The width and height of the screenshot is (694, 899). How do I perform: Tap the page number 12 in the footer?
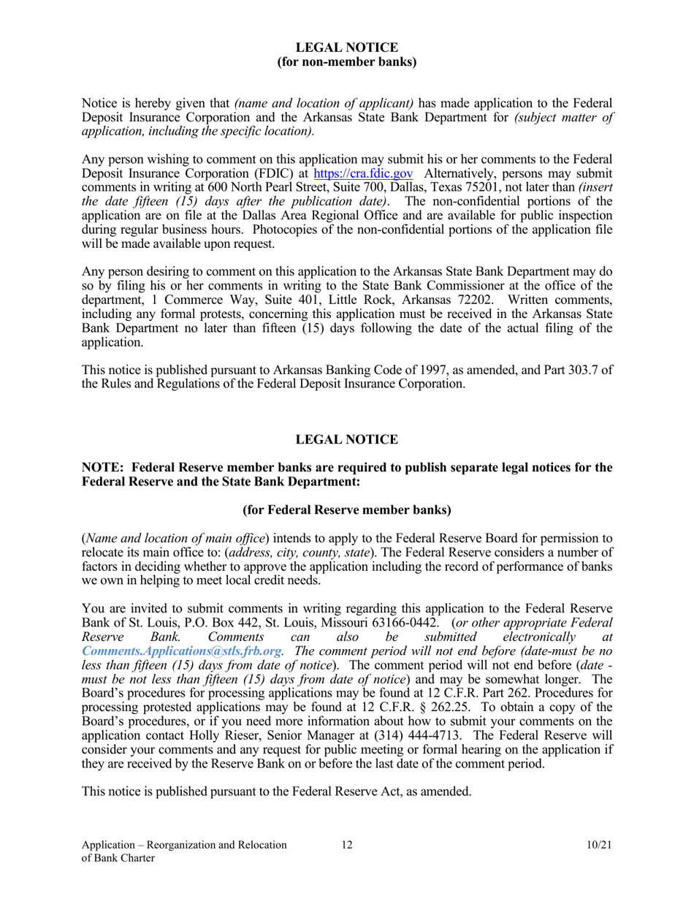(x=346, y=845)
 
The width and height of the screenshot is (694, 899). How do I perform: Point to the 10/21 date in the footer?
(x=598, y=845)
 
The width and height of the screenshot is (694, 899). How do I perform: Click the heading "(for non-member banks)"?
(x=346, y=61)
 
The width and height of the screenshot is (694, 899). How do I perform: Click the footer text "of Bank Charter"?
(x=118, y=859)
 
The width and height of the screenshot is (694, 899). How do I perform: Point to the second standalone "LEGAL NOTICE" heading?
(x=346, y=439)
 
